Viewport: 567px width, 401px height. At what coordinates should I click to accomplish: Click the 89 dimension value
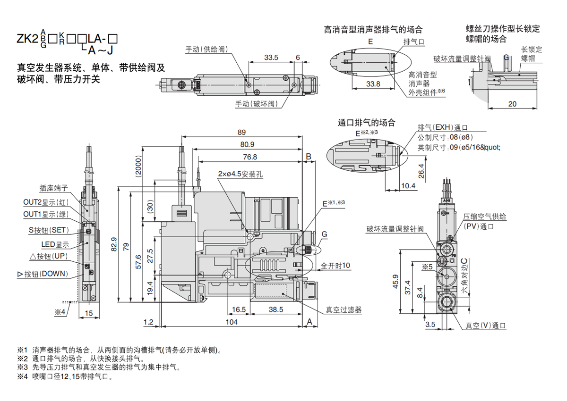(242, 132)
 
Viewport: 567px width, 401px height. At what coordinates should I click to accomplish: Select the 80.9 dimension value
(248, 144)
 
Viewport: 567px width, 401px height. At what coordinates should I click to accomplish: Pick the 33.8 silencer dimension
(373, 84)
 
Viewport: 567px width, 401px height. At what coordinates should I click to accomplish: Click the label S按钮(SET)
(49, 230)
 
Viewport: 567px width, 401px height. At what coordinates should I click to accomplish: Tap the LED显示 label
(55, 244)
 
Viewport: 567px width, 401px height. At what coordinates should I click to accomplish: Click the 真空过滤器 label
(344, 310)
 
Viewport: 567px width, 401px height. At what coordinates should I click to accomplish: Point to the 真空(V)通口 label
(486, 326)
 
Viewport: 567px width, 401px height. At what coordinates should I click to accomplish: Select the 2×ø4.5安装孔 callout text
(241, 174)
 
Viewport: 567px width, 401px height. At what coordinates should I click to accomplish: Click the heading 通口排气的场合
(367, 123)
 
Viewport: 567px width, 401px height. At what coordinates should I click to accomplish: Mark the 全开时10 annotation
(335, 266)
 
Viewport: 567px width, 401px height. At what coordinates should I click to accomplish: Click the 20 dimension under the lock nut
(512, 104)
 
